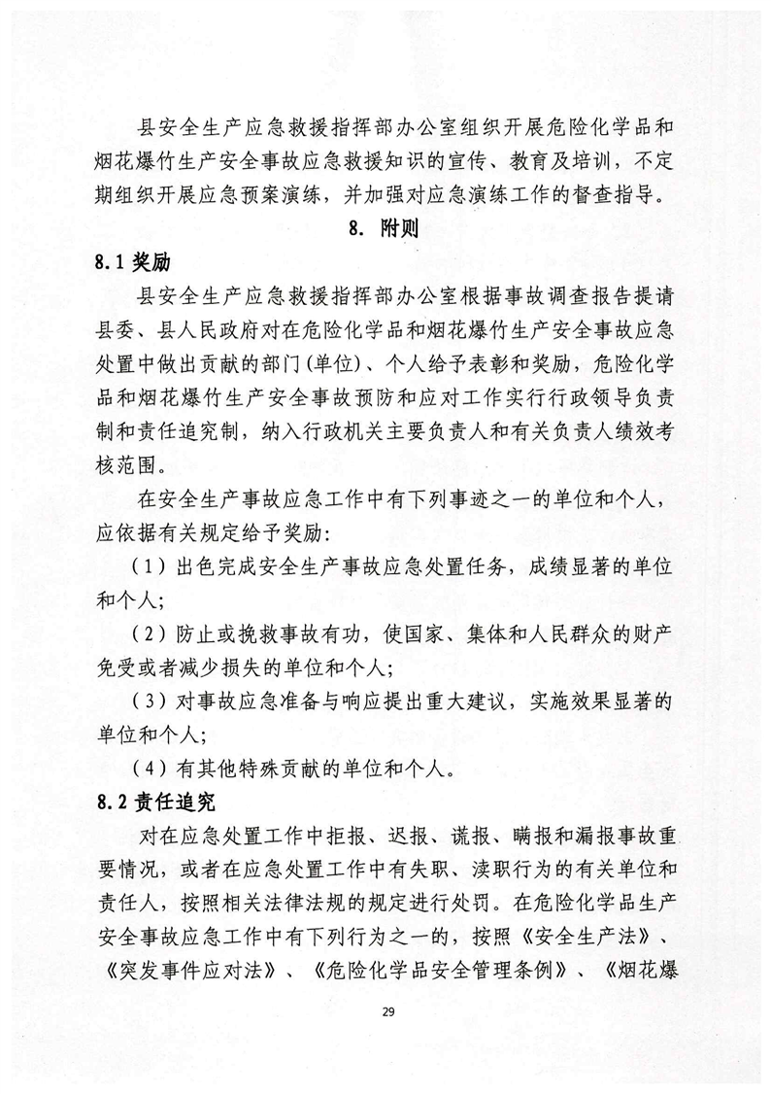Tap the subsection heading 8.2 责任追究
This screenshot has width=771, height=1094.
tap(147, 803)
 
